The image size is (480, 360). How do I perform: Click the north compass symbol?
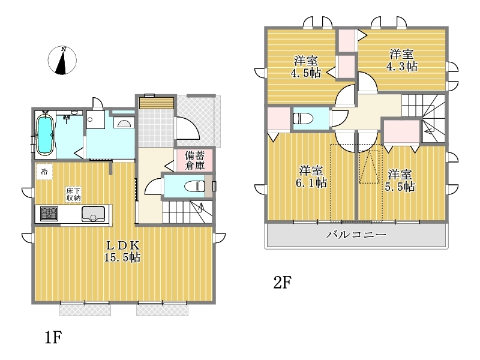click(62, 61)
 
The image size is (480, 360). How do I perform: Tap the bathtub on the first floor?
click(45, 134)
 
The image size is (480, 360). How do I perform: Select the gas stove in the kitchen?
click(49, 214)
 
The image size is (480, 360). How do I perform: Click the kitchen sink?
click(94, 214)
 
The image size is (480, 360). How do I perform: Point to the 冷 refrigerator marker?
click(44, 172)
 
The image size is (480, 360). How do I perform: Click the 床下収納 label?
click(73, 194)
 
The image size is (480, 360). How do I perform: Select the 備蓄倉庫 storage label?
click(194, 160)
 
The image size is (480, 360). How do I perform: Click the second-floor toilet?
click(303, 118)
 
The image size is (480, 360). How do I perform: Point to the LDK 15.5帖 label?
click(122, 251)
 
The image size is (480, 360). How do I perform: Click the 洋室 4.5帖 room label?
click(306, 67)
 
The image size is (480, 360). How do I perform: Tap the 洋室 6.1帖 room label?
click(311, 176)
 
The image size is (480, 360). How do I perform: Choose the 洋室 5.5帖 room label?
click(400, 181)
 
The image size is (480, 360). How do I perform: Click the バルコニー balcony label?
click(356, 235)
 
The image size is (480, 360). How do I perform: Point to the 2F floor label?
click(282, 283)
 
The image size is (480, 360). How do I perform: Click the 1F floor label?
click(53, 338)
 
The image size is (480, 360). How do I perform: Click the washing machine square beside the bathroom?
click(95, 119)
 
